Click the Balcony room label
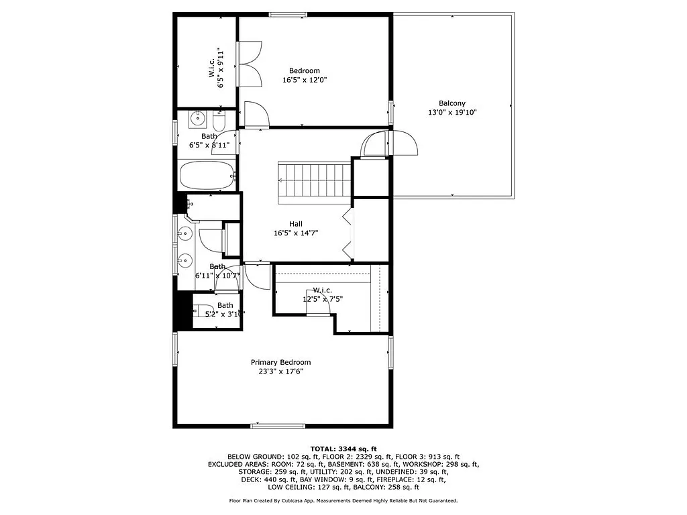(452, 103)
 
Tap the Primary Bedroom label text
(280, 362)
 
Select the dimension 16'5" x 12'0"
(305, 80)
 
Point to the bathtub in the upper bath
(207, 176)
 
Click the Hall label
(295, 224)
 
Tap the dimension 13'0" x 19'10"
(452, 113)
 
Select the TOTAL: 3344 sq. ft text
(343, 449)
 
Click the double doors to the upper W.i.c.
(250, 64)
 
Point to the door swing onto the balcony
(403, 142)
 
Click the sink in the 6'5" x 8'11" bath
(197, 119)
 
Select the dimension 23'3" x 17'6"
(280, 371)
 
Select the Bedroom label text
(305, 70)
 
